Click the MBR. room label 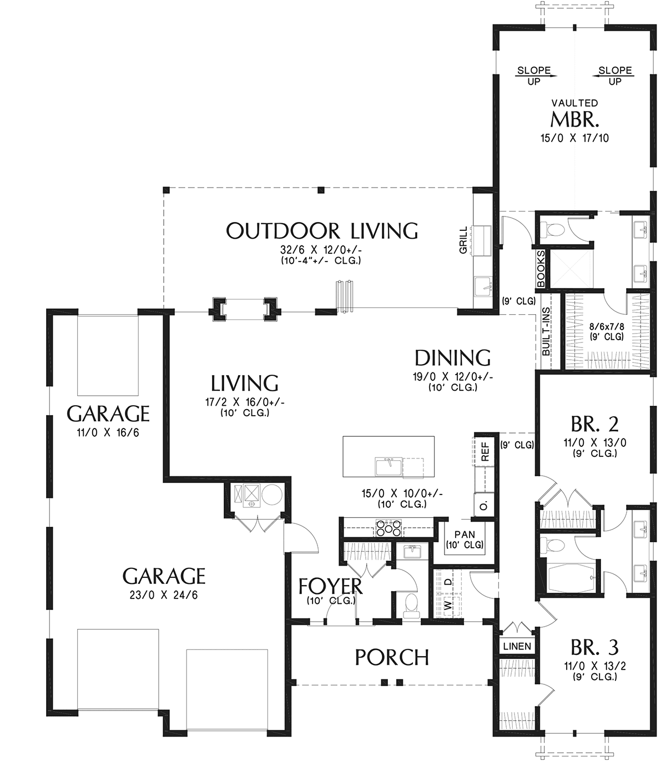(x=574, y=119)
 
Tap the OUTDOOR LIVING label (x=322, y=231)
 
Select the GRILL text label (x=463, y=240)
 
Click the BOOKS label (x=541, y=269)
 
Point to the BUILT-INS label (x=546, y=331)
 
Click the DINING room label (x=452, y=358)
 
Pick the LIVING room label (x=244, y=383)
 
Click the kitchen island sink (x=388, y=467)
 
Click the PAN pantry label (x=465, y=535)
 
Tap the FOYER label (x=330, y=586)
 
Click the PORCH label (x=392, y=657)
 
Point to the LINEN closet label (x=517, y=646)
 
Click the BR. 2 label (x=594, y=424)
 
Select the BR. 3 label (x=594, y=647)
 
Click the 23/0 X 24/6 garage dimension (x=164, y=595)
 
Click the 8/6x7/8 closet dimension (x=607, y=327)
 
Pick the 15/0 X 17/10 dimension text (x=574, y=138)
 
